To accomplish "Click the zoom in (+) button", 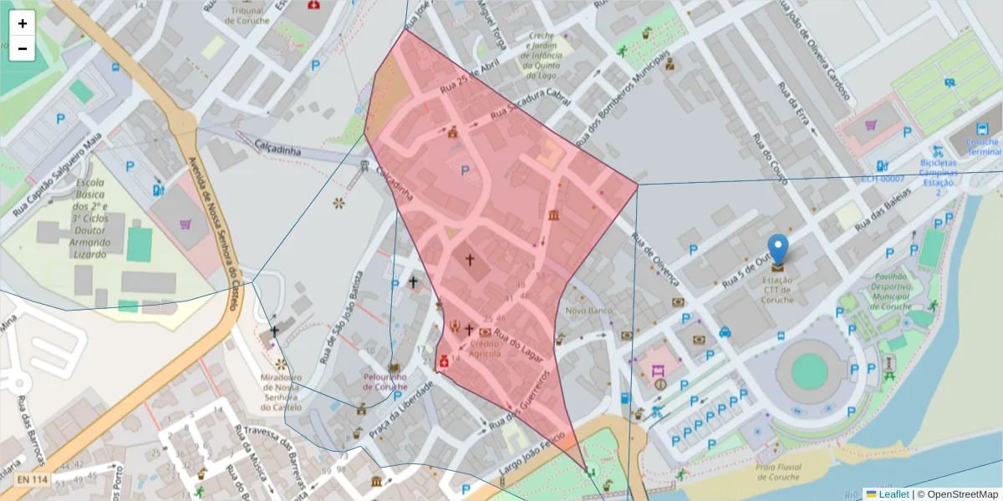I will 23,23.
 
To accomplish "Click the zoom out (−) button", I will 23,48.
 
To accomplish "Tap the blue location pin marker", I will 778,250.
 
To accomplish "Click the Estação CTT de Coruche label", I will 778,291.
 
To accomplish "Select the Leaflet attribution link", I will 893,493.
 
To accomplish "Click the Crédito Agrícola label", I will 485,348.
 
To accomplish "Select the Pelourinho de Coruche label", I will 385,381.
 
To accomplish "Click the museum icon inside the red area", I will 553,216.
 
